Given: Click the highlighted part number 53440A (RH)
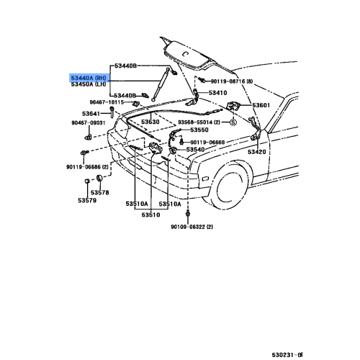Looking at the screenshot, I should tap(91, 76).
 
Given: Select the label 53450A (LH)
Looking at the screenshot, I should tap(91, 84).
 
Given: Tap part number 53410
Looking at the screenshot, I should tap(218, 93).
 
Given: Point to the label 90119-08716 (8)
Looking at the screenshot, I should tap(235, 81).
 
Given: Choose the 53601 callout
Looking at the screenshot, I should tap(261, 106).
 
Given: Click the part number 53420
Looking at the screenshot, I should tap(256, 153).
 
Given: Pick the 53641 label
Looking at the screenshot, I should tap(91, 114).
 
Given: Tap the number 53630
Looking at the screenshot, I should tap(150, 122).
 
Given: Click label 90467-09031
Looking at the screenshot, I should tap(88, 123).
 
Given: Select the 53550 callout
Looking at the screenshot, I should tap(198, 130).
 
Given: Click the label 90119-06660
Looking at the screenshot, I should tap(207, 143).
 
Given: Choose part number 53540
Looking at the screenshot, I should tap(196, 150).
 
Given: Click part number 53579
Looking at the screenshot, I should tap(86, 200).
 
